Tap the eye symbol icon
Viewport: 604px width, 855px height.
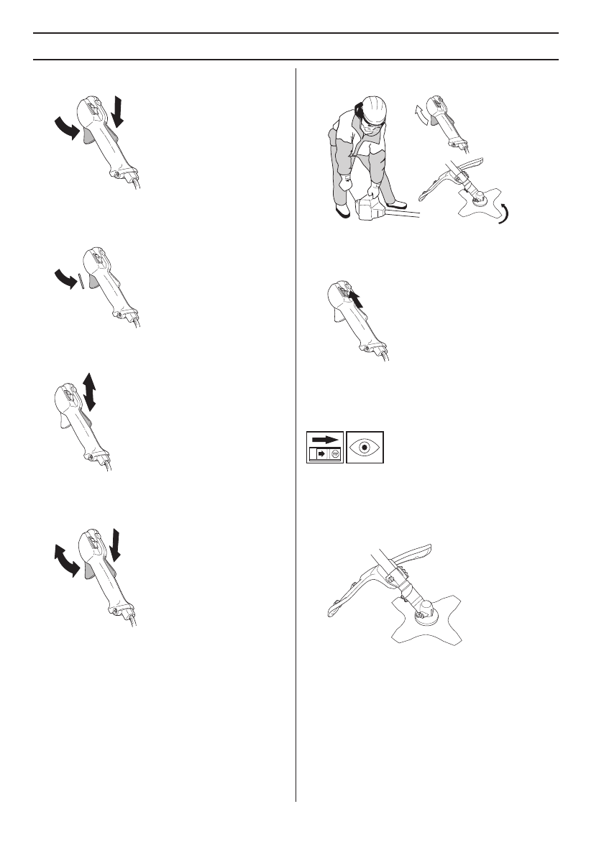(365, 447)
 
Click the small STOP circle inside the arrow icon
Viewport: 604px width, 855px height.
(334, 455)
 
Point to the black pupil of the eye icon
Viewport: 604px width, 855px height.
(365, 447)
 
